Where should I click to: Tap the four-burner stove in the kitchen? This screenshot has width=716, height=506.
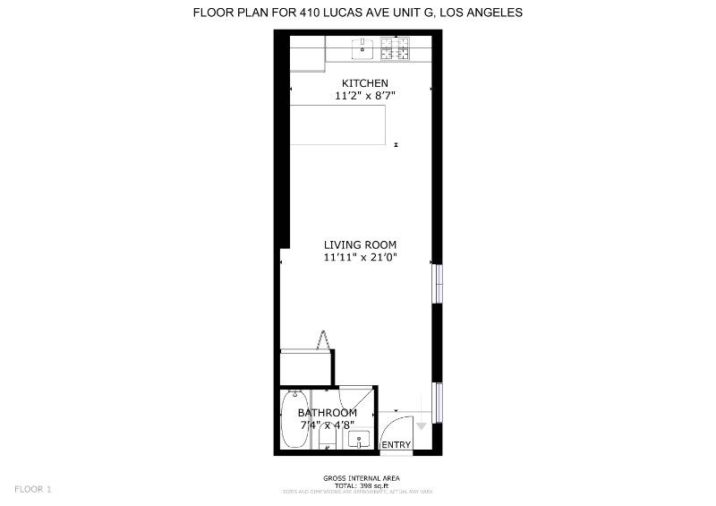pos(394,47)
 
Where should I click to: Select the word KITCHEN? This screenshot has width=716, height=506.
pos(359,83)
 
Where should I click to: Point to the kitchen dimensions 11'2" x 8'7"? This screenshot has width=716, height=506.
pos(359,95)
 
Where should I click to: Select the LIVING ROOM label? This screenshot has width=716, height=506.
pos(360,244)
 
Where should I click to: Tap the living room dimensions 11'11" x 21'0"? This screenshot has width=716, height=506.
pos(360,257)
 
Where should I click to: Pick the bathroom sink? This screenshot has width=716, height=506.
pos(360,439)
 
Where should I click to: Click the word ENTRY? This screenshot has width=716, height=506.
pos(396,445)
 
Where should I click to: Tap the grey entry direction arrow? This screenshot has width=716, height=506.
pos(422,426)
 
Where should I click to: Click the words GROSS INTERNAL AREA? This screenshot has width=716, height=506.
pos(361,478)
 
